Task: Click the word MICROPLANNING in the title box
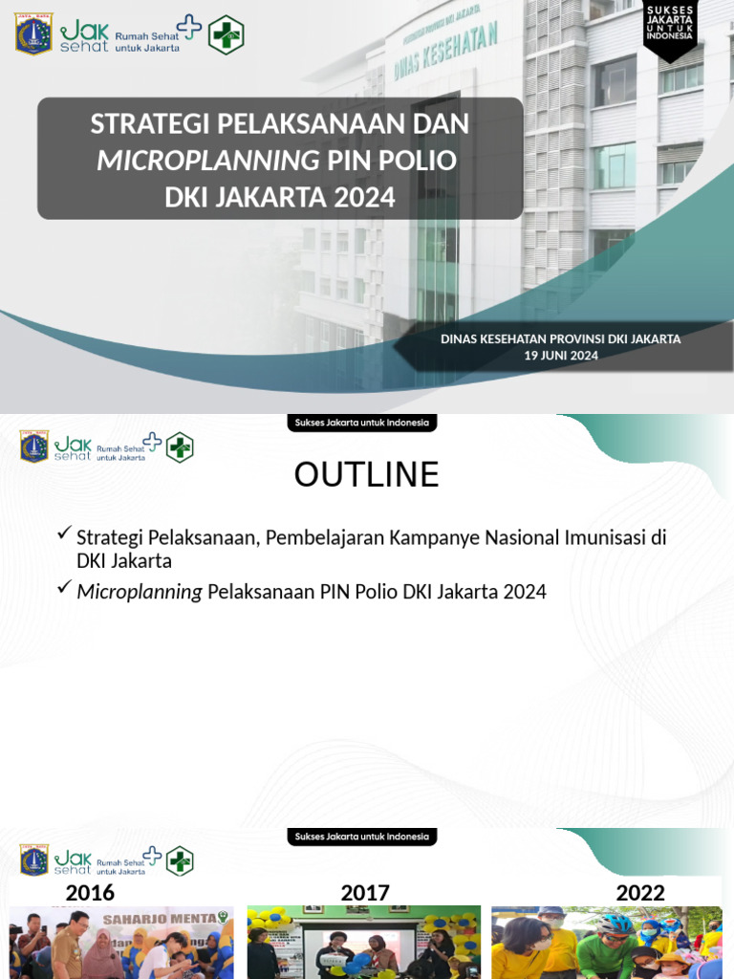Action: click(x=208, y=160)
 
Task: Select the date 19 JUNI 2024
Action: click(x=561, y=355)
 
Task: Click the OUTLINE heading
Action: click(x=366, y=474)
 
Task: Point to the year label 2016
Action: click(x=90, y=892)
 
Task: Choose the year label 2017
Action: click(x=365, y=892)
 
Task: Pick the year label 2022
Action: click(x=640, y=892)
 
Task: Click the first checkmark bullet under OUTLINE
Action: click(x=64, y=533)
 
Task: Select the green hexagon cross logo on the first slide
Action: click(x=227, y=34)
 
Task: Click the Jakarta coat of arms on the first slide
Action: click(x=34, y=33)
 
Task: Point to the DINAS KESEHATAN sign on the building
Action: click(x=445, y=53)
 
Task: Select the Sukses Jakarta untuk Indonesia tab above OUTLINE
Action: click(x=362, y=423)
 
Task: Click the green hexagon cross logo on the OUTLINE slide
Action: click(x=180, y=447)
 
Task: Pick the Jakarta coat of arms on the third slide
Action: click(x=34, y=859)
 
